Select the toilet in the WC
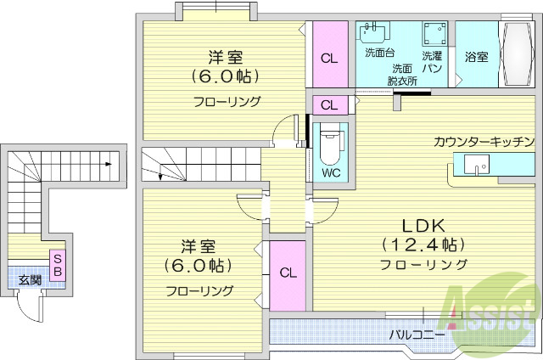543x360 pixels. pos(329,146)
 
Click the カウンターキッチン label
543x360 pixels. pos(483,142)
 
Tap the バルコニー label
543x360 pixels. pos(417,335)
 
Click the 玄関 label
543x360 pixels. pos(31,278)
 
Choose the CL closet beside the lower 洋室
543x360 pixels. pos(288,273)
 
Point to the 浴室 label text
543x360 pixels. pos(477,57)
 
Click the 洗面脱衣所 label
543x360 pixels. pos(402,75)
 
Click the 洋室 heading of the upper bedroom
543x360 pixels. pos(226,58)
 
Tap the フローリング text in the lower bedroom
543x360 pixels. pos(199,290)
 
